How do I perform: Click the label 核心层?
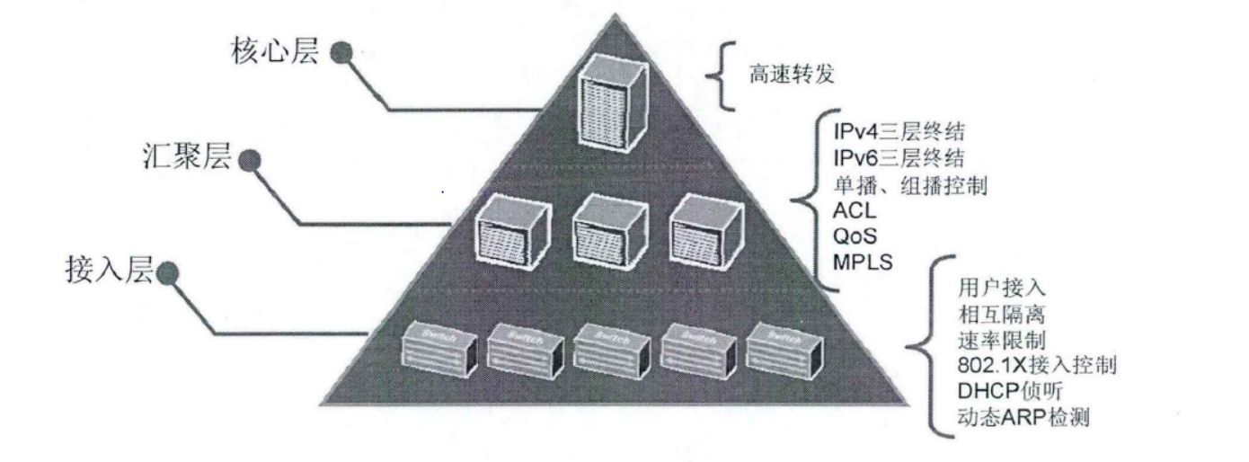coord(276,51)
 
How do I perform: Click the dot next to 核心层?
coord(341,53)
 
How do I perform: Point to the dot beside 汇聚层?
coord(251,161)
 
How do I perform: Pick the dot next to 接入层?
coord(167,272)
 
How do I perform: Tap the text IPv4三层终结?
coord(899,133)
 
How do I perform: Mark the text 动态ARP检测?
coord(1023,417)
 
